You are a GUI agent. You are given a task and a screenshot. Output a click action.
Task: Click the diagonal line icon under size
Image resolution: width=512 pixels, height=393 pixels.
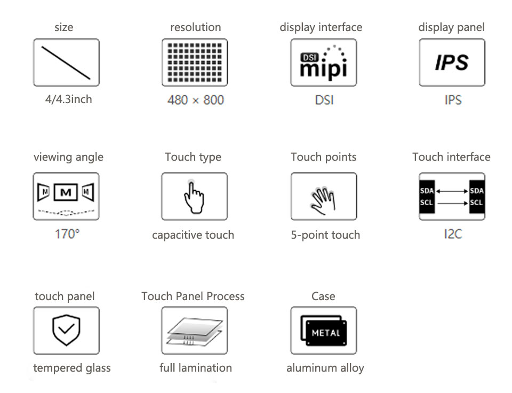tap(66, 63)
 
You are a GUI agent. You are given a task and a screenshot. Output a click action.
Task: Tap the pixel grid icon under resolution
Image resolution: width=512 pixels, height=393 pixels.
tap(195, 62)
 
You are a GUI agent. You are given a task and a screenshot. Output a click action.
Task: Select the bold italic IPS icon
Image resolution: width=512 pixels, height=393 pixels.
tap(452, 62)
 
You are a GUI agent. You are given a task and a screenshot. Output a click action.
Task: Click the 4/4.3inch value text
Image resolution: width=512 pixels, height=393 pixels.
tap(69, 99)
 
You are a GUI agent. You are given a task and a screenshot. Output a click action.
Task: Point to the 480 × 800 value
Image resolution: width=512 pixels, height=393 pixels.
tap(196, 100)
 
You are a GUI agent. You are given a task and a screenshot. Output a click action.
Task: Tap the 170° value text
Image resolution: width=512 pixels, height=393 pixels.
tap(67, 234)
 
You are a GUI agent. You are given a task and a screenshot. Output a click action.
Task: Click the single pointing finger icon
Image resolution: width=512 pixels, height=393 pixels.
tap(194, 197)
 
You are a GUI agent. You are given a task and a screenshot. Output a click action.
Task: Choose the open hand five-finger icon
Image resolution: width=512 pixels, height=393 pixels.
tap(323, 201)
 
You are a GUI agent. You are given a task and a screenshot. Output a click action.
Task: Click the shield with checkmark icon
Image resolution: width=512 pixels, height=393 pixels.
tap(66, 330)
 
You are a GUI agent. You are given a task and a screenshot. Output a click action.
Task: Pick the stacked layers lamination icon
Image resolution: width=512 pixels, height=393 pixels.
tap(195, 331)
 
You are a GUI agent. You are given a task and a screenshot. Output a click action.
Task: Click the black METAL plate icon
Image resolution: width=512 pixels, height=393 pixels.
tap(324, 331)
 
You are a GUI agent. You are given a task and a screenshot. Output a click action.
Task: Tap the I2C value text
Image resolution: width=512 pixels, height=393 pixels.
tap(453, 234)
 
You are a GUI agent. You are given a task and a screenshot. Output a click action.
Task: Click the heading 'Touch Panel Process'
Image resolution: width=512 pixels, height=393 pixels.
tap(193, 296)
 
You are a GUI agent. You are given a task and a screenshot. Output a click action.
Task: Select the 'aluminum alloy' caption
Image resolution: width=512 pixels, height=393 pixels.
tap(325, 368)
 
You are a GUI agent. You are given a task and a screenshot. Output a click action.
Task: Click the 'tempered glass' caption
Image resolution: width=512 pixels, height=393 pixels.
tap(72, 368)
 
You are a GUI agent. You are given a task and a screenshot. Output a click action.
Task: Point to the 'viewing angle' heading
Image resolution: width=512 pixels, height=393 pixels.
tap(69, 158)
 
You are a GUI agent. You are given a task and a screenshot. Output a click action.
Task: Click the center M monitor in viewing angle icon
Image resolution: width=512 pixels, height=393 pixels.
tap(66, 192)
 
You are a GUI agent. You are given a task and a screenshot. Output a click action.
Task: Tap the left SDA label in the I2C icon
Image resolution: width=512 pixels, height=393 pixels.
tap(427, 191)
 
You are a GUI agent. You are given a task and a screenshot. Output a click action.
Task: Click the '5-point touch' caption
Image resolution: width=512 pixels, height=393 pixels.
tap(325, 235)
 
